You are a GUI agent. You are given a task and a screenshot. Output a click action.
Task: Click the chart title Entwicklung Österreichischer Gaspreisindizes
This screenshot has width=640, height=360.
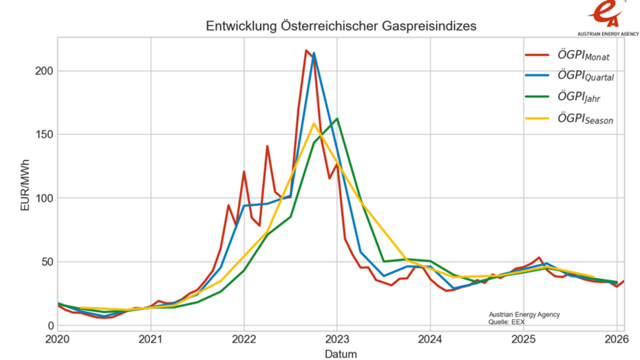tap(341, 26)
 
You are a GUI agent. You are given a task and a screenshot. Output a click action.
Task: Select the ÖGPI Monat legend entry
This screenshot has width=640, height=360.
tap(584, 55)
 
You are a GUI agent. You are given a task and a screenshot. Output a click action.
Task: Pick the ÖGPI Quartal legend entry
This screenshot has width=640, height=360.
tap(586, 76)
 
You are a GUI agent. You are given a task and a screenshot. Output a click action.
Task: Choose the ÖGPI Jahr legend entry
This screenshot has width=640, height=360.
tap(579, 98)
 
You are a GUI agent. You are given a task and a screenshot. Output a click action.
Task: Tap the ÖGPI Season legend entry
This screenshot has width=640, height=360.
tap(585, 120)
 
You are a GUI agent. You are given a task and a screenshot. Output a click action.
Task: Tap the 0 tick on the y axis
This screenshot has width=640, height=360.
tap(48, 326)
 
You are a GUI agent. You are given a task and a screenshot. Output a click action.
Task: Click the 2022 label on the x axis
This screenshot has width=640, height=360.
tap(244, 339)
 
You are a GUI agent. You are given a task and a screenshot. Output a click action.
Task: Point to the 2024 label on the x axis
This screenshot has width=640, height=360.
tap(430, 339)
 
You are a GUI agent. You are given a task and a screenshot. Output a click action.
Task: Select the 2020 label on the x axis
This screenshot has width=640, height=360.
tap(57, 339)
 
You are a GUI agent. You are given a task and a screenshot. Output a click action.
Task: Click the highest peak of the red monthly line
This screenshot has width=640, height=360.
tap(306, 50)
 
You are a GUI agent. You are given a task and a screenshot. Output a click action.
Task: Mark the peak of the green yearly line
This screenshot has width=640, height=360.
tap(337, 118)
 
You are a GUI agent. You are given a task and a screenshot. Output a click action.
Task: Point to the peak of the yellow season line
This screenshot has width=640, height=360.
tap(314, 124)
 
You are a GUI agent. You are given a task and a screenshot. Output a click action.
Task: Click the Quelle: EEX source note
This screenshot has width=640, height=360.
tap(508, 321)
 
